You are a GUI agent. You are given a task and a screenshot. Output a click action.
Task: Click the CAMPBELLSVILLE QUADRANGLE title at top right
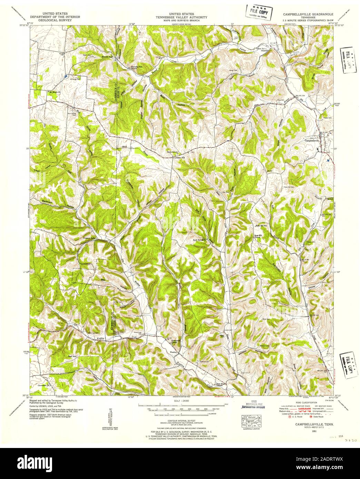click(x=303, y=14)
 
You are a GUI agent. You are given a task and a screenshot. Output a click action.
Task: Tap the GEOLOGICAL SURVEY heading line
click(x=55, y=20)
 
